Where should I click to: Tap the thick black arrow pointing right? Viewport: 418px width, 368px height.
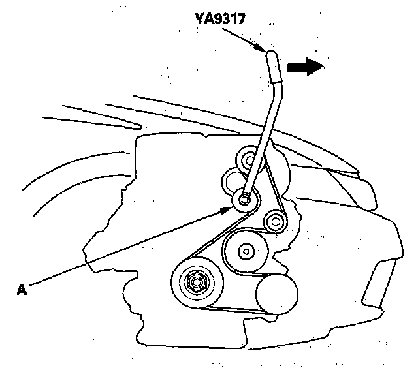305,65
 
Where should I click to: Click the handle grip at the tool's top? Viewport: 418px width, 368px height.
272,63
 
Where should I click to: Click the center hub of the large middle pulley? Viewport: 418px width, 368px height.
246,250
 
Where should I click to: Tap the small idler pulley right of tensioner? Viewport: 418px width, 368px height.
273,223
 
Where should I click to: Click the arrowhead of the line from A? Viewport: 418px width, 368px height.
229,208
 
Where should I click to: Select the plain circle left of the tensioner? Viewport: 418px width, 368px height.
232,178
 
